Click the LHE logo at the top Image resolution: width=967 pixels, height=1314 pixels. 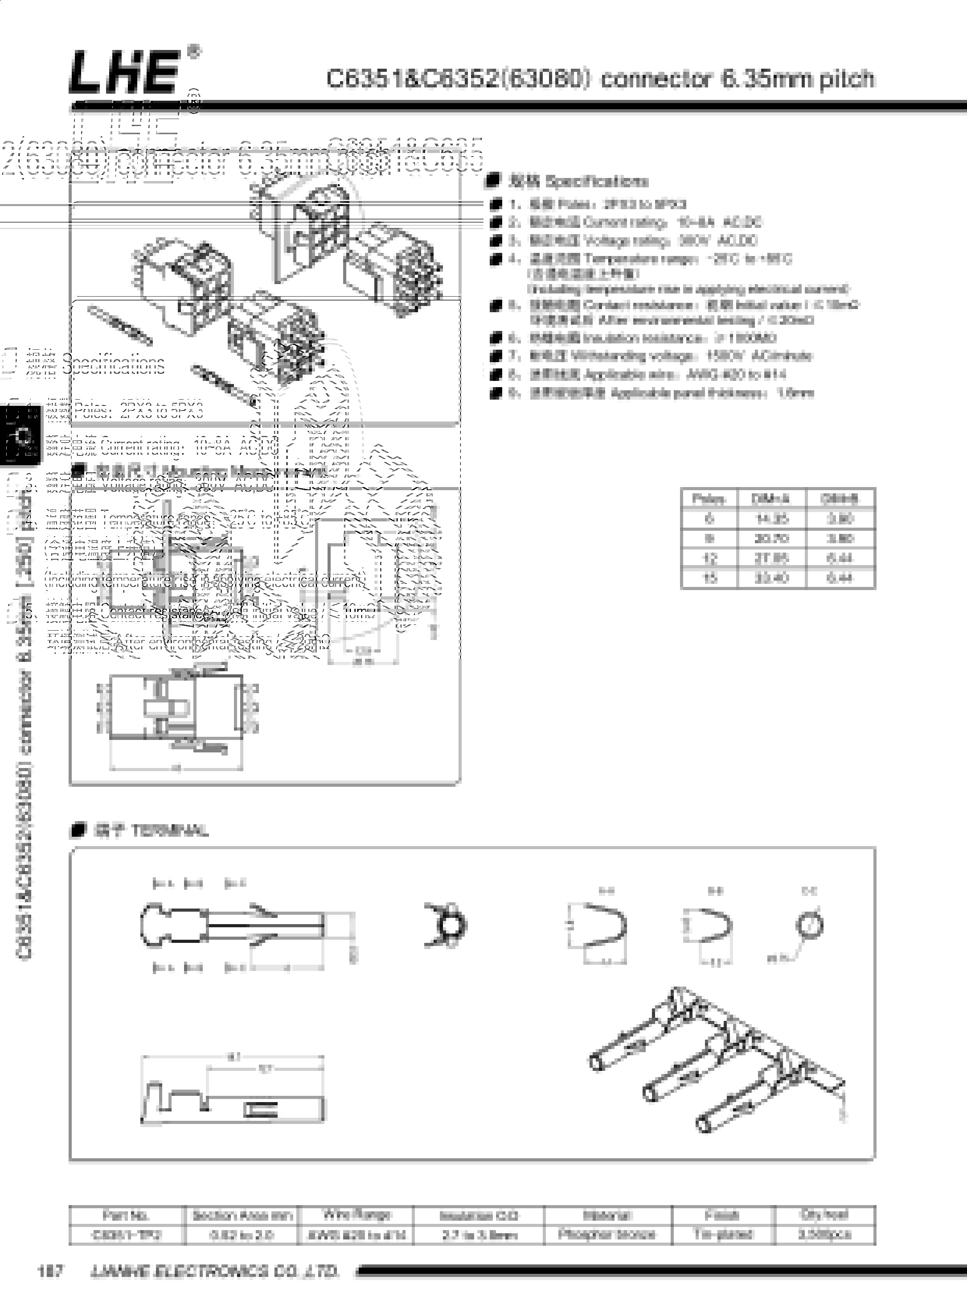124,72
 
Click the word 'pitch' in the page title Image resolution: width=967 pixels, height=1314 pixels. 847,79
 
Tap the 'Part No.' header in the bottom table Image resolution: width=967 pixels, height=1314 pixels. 126,1215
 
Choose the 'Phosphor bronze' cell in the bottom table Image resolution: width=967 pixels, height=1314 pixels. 607,1234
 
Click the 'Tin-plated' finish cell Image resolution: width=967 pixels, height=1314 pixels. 723,1234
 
